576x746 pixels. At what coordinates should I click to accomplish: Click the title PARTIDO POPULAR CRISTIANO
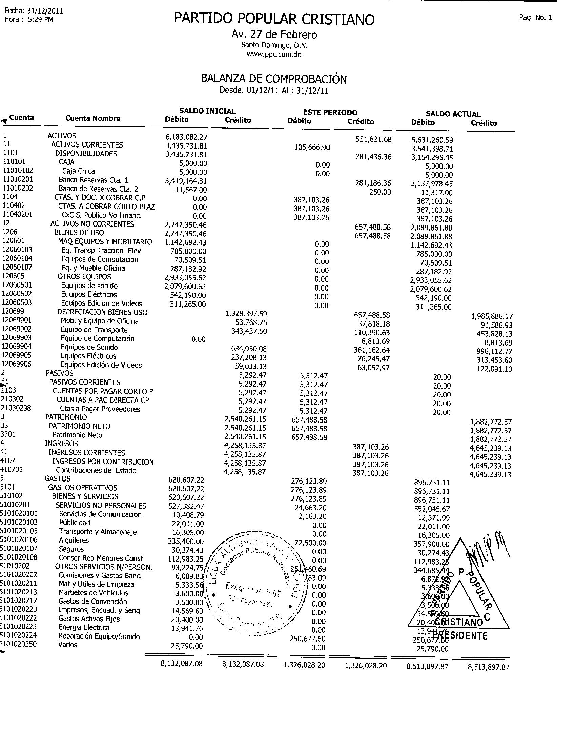(274, 19)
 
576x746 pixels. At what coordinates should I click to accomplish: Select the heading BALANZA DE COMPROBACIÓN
(273, 79)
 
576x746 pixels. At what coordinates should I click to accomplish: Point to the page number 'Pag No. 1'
(535, 18)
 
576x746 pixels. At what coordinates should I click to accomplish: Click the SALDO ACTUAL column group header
(453, 114)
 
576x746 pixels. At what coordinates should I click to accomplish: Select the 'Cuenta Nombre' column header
(93, 119)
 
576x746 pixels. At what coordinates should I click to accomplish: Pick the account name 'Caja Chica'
(79, 171)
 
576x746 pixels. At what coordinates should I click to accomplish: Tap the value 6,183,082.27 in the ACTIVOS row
(186, 137)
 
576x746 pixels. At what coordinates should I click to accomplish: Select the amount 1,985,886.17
(491, 316)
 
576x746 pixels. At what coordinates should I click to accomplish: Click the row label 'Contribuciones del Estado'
(96, 470)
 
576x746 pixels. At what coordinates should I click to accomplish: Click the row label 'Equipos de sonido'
(89, 286)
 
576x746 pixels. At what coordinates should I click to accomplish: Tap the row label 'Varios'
(67, 645)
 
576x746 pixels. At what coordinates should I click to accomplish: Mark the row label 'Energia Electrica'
(84, 627)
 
